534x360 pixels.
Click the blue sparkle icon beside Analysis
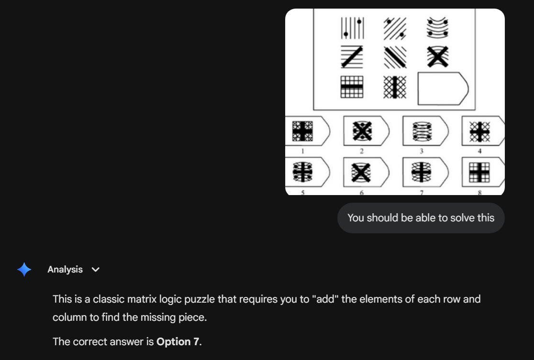(24, 270)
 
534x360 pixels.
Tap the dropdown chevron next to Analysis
(96, 270)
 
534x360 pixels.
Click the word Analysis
(65, 270)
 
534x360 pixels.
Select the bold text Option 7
(178, 342)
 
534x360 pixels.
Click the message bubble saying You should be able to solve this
(421, 218)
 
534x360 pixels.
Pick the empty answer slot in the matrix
(443, 88)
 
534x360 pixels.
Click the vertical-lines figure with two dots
(353, 28)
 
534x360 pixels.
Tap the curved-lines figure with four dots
(437, 28)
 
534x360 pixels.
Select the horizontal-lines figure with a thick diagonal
(352, 57)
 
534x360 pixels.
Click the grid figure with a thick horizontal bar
(352, 87)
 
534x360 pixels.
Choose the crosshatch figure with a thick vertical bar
(395, 87)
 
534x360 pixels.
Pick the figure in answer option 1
(302, 131)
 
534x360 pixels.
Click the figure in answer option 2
(362, 131)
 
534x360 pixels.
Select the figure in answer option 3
(422, 131)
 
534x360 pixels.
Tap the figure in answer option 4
(479, 131)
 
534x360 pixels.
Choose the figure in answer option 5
(302, 172)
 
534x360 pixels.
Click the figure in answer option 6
(361, 173)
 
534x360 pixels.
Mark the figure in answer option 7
(421, 172)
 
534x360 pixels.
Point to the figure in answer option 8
(479, 172)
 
